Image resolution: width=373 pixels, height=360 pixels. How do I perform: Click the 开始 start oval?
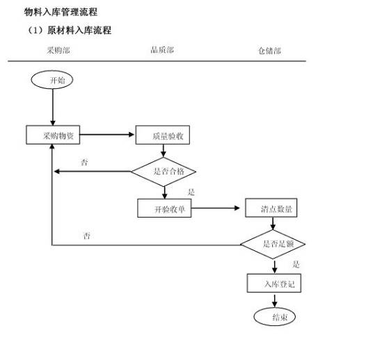(52, 80)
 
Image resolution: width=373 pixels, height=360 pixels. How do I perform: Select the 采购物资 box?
(54, 135)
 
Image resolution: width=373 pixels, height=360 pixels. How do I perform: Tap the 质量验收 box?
(162, 136)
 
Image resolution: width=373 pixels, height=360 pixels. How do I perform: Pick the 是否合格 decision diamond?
(164, 171)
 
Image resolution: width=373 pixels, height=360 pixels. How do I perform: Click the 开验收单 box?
(164, 208)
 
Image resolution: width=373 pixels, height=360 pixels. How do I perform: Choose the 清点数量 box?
(271, 208)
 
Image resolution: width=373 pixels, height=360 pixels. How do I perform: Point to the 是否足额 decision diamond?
(273, 244)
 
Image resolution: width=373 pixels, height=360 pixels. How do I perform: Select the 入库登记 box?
(273, 284)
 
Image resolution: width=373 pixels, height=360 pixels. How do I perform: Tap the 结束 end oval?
(274, 317)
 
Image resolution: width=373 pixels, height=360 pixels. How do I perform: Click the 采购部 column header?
(58, 50)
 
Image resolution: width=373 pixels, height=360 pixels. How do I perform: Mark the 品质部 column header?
(162, 49)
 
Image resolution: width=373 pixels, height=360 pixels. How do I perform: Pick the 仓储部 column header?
(269, 51)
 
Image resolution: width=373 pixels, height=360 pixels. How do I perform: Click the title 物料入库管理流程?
(61, 12)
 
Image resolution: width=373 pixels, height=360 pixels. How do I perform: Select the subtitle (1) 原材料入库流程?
(68, 31)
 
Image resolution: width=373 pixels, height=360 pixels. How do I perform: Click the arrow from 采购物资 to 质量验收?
(109, 135)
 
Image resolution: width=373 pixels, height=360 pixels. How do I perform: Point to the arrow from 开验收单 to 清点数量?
(218, 208)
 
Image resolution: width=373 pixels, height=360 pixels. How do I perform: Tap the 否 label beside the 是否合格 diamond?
(84, 163)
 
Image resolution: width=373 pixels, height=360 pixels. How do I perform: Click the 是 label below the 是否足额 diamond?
(296, 264)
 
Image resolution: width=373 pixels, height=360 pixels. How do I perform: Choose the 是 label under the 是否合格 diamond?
(191, 191)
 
